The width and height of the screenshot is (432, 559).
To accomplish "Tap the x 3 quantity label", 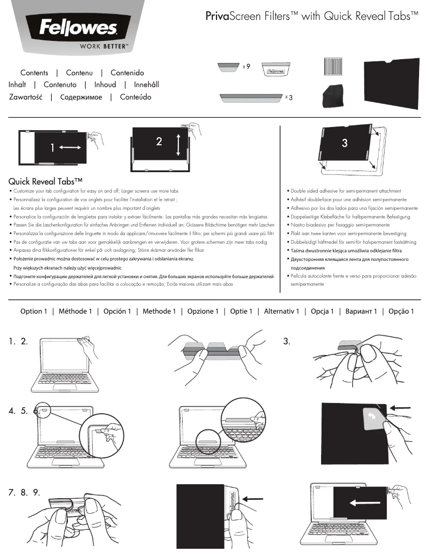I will [288, 98].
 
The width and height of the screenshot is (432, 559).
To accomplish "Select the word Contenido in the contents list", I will [127, 73].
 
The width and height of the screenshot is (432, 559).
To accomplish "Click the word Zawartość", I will [26, 97].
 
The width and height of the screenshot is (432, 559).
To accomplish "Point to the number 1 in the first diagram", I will [52, 148].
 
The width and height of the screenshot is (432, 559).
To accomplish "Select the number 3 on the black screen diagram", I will [345, 143].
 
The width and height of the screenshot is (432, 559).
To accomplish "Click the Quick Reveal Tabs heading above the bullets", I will [45, 182].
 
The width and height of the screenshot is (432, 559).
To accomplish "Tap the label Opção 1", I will [401, 312].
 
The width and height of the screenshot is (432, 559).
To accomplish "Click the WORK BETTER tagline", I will [103, 46].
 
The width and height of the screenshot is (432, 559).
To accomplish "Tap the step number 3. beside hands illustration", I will [287, 341].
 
